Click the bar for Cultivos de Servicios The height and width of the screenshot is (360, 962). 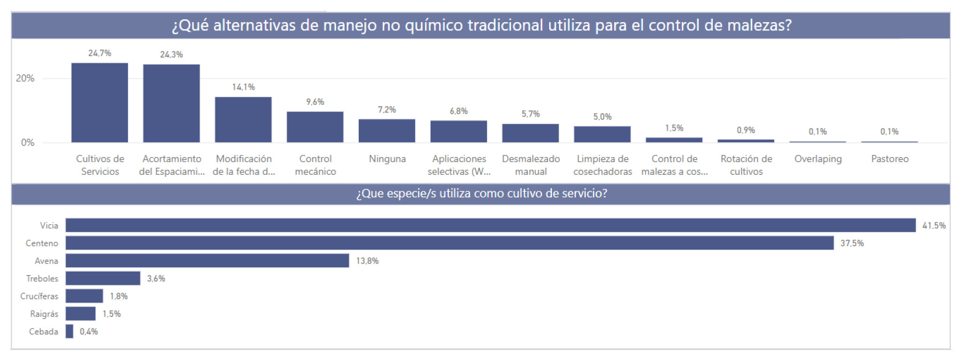[100, 102]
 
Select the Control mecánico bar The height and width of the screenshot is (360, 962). [315, 127]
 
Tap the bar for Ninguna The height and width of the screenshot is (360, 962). [387, 131]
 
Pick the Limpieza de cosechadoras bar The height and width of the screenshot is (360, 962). [602, 134]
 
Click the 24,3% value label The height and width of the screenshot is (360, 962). [171, 55]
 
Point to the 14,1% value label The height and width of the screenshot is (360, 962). [243, 87]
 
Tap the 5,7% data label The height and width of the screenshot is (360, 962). [530, 114]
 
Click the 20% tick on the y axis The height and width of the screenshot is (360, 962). [25, 78]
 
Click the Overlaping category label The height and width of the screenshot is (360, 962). [818, 159]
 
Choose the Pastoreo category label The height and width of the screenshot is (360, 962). [890, 159]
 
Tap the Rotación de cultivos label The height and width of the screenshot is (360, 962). [746, 165]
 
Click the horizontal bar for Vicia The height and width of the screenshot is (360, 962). [490, 225]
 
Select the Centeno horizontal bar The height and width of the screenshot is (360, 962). [449, 243]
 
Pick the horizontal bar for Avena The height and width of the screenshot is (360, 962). [207, 260]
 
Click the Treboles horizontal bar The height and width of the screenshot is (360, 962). [103, 278]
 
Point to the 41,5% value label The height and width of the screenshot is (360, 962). [934, 226]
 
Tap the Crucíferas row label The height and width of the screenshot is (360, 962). [39, 296]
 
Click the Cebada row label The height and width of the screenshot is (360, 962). [43, 331]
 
